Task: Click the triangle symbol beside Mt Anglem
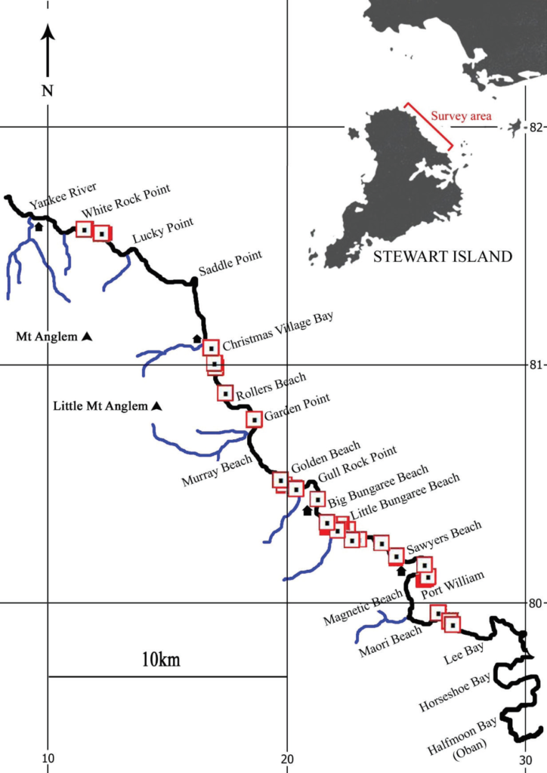click(x=88, y=336)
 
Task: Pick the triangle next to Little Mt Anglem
click(x=156, y=406)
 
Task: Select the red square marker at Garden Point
click(x=255, y=420)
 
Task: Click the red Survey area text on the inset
click(x=461, y=116)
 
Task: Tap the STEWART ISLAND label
click(x=443, y=257)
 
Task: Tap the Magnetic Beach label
click(x=363, y=608)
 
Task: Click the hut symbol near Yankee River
click(x=39, y=226)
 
